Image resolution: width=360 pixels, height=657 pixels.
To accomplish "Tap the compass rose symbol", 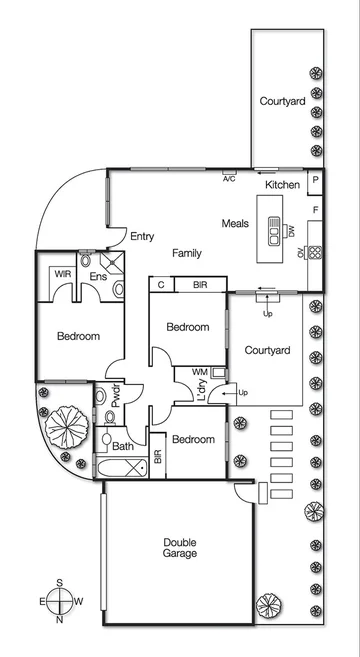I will [x=61, y=601].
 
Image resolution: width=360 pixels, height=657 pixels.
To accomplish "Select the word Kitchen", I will [x=283, y=186].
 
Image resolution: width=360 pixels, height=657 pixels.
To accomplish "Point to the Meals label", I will [x=235, y=224].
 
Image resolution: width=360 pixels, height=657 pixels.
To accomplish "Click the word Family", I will [x=187, y=253].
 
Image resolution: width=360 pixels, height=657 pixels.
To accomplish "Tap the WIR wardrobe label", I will [x=63, y=274].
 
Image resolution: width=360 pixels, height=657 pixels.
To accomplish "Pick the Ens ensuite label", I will [x=98, y=276].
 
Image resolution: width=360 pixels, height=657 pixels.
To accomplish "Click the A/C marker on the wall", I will [x=229, y=177].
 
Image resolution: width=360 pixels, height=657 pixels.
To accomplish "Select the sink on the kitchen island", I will [x=271, y=231].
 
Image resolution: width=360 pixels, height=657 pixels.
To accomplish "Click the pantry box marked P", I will [x=315, y=181].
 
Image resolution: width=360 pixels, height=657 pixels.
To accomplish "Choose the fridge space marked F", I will [x=315, y=210].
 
